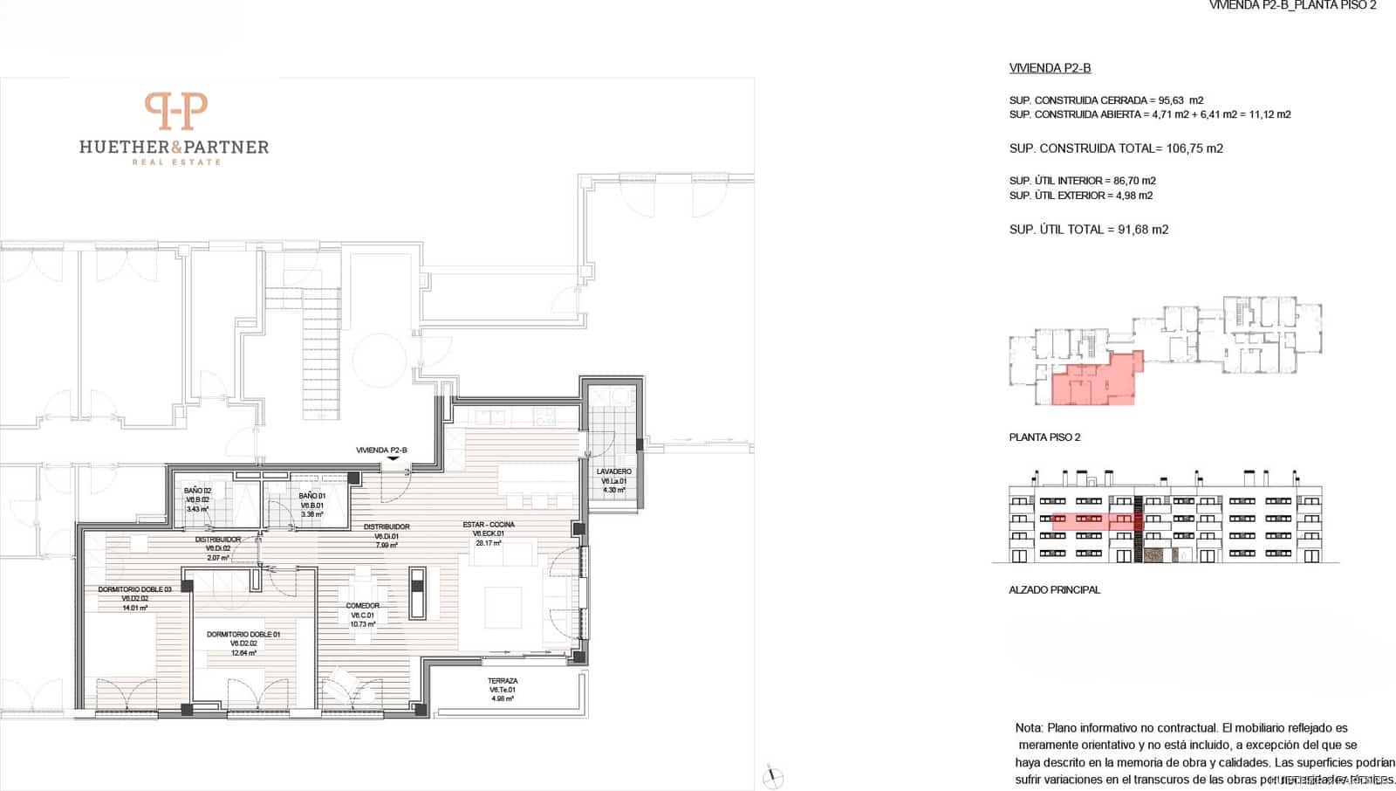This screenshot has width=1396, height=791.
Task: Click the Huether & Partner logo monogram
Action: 175,111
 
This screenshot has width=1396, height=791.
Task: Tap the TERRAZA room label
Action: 503,681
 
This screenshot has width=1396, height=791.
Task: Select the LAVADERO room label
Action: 614,471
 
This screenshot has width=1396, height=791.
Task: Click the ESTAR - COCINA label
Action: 489,525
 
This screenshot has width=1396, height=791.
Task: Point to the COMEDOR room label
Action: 363,605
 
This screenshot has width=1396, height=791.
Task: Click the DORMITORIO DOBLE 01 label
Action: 243,635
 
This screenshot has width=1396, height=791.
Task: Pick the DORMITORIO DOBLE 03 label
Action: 134,589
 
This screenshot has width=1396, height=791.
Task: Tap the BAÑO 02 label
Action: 197,491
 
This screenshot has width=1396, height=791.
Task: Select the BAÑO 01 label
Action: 311,495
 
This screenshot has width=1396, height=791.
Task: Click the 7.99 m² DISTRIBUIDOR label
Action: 387,527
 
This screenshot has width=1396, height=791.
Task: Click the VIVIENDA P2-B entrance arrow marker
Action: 393,458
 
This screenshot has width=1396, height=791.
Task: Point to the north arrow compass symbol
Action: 772,776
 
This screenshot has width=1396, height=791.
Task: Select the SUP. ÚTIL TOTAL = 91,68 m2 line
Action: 1088,230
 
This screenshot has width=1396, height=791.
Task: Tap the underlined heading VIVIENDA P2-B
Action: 1050,68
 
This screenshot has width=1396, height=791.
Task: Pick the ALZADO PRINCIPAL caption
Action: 1054,590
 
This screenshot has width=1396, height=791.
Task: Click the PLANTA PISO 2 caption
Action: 1044,437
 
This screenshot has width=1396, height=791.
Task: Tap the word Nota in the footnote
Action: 1028,727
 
